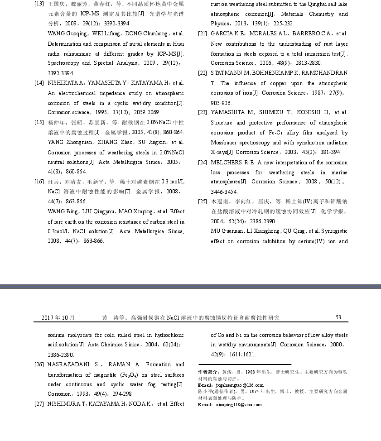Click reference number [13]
pos(39,4)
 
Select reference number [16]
pos(39,182)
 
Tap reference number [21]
pos(203,34)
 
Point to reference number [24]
pos(203,163)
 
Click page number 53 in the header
pos(338,317)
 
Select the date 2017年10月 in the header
pos(58,318)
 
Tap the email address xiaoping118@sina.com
pos(239,404)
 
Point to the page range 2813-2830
pos(309,63)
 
